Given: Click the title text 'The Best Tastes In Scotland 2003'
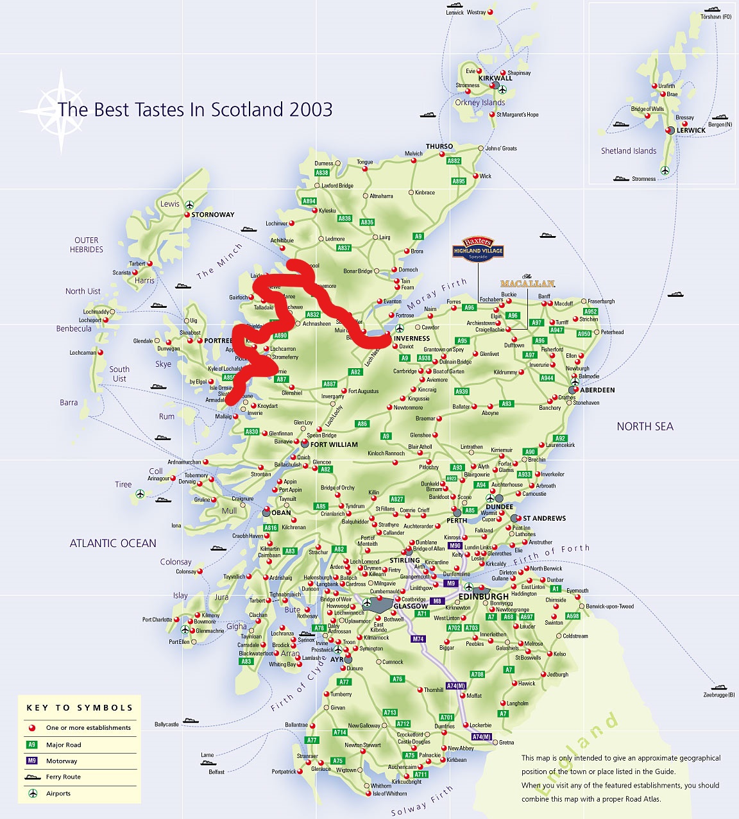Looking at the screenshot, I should click(x=195, y=110).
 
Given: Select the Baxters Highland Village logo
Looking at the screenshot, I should click(x=478, y=249).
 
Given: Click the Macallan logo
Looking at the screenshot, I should click(x=527, y=282).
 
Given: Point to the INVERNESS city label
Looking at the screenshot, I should click(x=412, y=339).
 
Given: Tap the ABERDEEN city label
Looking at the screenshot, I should click(x=597, y=390).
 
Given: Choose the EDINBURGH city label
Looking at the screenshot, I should click(x=483, y=596).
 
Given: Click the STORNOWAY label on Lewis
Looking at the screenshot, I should click(x=213, y=215).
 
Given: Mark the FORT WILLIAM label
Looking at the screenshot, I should click(x=334, y=444).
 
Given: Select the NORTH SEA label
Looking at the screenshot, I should click(x=645, y=426).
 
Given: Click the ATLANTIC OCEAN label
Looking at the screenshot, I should click(x=113, y=543).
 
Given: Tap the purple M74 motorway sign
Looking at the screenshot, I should click(x=418, y=639).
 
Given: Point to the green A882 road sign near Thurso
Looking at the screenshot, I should click(x=454, y=161).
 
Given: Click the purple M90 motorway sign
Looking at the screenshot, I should click(x=455, y=546).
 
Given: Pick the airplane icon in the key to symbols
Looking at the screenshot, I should click(x=32, y=793).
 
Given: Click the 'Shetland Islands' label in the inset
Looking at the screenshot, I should click(x=629, y=151).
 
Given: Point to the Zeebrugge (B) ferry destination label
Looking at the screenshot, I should click(x=718, y=695).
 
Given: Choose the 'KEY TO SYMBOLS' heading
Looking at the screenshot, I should click(x=80, y=708).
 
